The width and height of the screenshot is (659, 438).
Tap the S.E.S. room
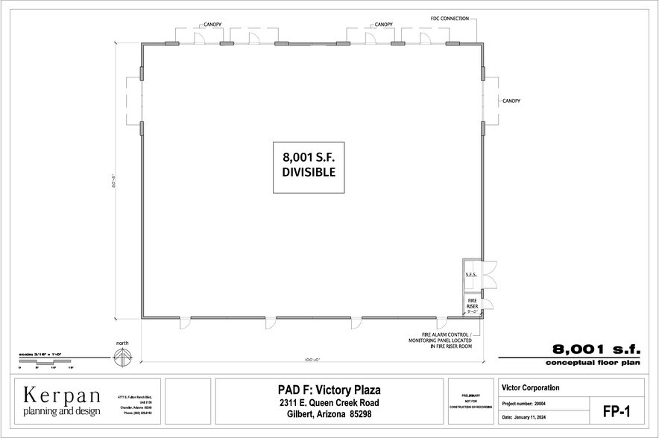471,275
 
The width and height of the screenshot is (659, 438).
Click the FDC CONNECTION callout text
450,18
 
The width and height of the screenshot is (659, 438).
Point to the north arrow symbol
122,357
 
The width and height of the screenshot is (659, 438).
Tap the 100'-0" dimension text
312,360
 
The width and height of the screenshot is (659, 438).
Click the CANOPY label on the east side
511,101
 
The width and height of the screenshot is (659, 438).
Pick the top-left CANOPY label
209,25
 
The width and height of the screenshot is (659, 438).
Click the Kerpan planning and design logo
61,400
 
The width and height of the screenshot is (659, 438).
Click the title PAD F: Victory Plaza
329,390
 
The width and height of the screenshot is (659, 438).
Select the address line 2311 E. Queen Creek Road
329,402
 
